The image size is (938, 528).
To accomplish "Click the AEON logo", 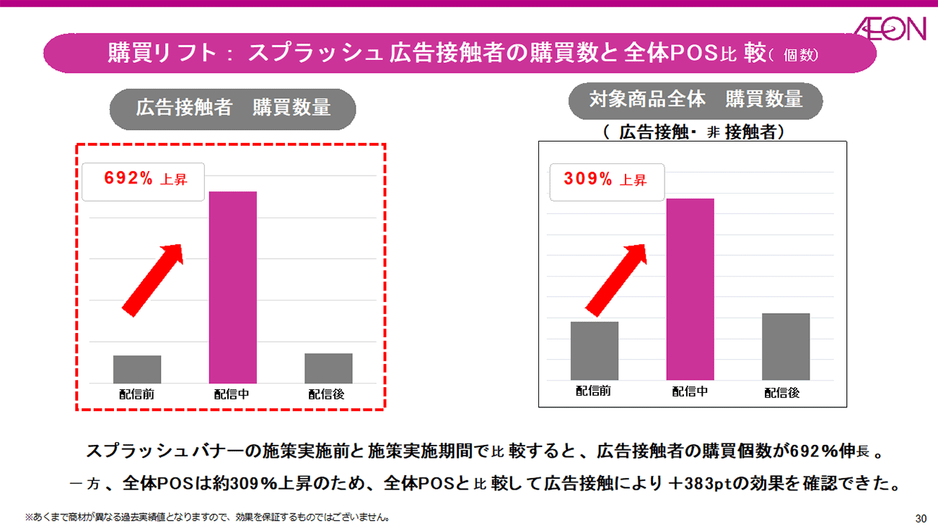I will (890, 29).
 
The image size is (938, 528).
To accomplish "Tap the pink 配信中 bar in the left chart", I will (232, 287).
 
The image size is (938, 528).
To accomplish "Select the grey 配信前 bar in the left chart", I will (137, 369).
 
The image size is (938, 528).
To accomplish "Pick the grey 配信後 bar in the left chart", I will (328, 368).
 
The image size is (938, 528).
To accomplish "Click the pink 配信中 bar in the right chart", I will (690, 289).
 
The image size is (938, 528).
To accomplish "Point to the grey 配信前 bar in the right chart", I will (594, 350).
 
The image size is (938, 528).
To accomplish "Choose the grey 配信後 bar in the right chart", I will (786, 346).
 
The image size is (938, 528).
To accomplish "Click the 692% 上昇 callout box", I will (143, 181).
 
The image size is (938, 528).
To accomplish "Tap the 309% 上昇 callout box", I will (607, 181).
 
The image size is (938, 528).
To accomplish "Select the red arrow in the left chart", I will (152, 279).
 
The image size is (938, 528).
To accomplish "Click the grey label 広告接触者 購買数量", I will (233, 108).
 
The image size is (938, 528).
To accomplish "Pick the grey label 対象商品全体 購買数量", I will (696, 100).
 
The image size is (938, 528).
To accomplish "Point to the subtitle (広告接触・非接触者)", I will (694, 132).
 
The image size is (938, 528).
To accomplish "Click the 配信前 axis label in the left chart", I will (137, 394).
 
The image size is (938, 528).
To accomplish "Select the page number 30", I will (920, 518).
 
